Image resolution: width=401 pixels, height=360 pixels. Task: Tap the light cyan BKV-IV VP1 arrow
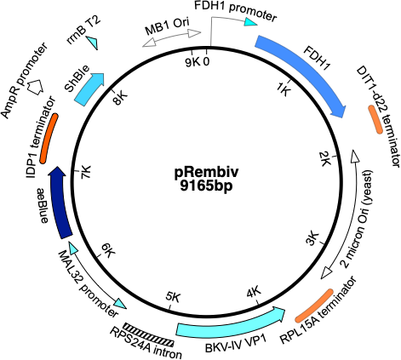(230, 324)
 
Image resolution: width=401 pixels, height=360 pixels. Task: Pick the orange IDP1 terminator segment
(50, 136)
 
